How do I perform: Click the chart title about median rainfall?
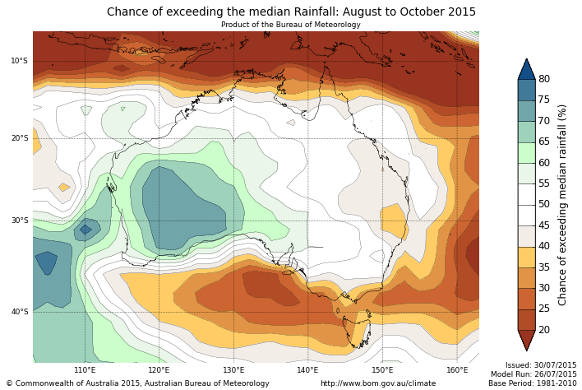pos(291,12)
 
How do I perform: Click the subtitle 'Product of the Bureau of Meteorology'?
pos(290,25)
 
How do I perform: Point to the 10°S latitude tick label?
pos(20,61)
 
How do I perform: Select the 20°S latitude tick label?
pos(20,138)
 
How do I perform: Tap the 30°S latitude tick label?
pos(20,221)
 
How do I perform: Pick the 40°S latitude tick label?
pos(20,312)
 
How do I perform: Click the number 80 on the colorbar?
pos(544,79)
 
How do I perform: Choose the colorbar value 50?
pos(544,204)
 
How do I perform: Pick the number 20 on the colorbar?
pos(544,330)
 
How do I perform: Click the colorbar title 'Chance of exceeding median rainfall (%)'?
pos(563,204)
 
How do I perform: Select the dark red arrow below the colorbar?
pos(526,340)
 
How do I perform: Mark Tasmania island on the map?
pos(356,331)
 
